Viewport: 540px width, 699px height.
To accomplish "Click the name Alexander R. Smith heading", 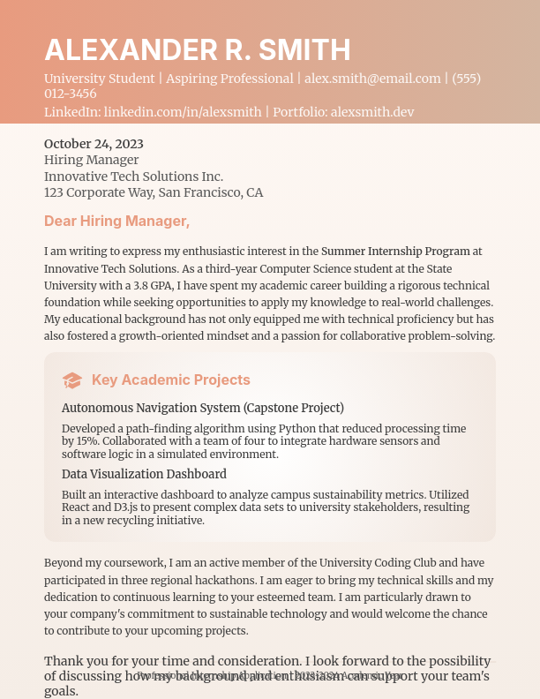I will pos(197,49).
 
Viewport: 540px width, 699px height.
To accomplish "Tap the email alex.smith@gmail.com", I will pos(372,79).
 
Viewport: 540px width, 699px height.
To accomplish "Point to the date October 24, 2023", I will pos(94,144).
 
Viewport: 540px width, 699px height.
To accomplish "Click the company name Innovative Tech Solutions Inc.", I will pos(133,177).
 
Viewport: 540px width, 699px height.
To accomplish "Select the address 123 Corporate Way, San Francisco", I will pos(154,192).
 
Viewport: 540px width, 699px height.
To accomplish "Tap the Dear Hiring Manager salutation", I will pos(116,221).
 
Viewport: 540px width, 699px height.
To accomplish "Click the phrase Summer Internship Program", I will pos(394,252).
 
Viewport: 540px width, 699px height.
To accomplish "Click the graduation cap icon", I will pos(72,380).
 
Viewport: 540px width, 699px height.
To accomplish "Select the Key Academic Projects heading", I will pos(171,380).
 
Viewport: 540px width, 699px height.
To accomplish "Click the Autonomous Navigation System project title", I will pos(202,408).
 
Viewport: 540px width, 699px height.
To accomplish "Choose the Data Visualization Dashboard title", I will pos(144,474).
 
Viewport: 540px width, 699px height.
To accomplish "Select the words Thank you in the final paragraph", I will pos(75,661).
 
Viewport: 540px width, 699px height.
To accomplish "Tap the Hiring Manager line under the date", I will pos(92,160).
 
